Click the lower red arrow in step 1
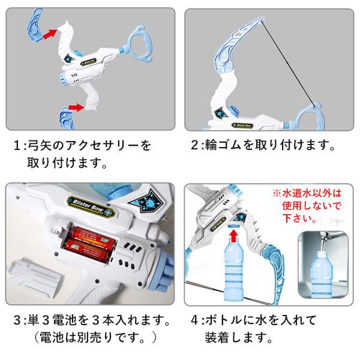coord(77,107)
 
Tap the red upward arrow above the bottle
coord(234,236)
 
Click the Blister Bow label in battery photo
coord(91,206)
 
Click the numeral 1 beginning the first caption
coord(17,146)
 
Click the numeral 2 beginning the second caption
coord(194,145)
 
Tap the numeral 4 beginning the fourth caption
coord(194,320)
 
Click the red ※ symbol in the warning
coord(277,193)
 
